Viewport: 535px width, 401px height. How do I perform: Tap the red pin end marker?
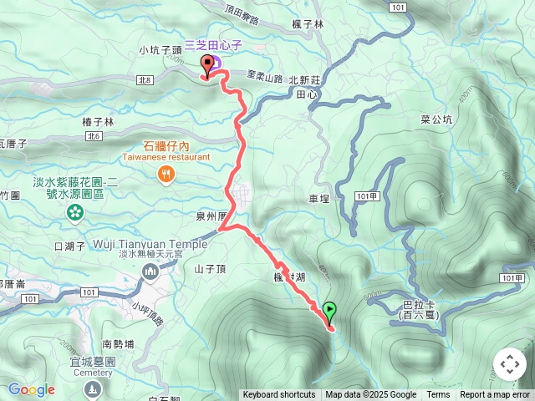[207, 66]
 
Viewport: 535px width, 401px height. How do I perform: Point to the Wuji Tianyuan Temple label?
[150, 244]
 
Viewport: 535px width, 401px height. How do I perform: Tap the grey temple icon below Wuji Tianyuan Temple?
[150, 271]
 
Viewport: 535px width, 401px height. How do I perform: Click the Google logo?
[31, 389]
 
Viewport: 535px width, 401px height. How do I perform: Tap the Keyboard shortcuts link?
[279, 395]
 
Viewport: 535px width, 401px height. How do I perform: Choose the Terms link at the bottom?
[438, 395]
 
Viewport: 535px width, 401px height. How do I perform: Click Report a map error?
[495, 395]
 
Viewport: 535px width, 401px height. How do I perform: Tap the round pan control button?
[509, 364]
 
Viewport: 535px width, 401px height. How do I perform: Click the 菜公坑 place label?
[436, 119]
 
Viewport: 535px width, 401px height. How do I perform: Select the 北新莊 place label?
[304, 81]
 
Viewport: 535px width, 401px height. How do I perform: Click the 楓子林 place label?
[308, 24]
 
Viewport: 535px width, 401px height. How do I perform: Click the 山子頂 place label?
[210, 268]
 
